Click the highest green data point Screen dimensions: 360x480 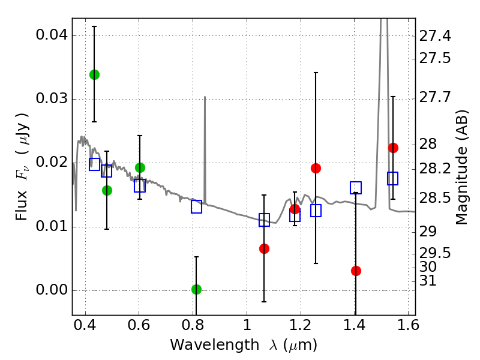(94, 74)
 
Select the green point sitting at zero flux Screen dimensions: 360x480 (196, 289)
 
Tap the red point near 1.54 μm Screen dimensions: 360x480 (393, 148)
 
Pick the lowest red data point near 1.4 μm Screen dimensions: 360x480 (356, 271)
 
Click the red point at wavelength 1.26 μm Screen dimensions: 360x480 (316, 168)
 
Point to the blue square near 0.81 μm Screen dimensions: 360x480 (196, 206)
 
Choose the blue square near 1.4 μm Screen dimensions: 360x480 (356, 188)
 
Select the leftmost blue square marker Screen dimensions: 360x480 (94, 164)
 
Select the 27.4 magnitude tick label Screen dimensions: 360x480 (435, 37)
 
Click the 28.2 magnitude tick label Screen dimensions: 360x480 (435, 169)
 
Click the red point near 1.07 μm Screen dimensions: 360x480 (264, 248)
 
